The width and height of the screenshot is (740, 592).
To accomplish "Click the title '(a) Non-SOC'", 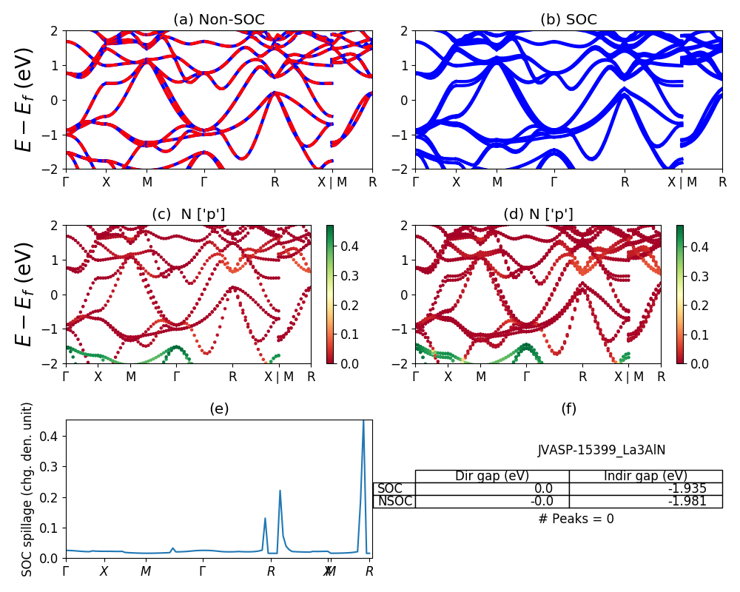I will tap(218, 20).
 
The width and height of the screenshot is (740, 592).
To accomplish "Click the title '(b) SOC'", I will tap(568, 20).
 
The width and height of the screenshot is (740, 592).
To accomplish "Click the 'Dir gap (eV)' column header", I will tap(492, 476).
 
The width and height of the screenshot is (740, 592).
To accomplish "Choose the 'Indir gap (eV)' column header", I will tap(645, 476).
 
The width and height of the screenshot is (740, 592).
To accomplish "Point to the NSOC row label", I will tap(394, 501).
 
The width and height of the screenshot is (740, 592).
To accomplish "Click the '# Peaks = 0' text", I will tap(576, 519).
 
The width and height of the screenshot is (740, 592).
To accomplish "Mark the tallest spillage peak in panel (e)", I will tap(363, 422).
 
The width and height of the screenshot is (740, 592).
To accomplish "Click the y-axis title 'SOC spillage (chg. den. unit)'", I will tap(27, 489).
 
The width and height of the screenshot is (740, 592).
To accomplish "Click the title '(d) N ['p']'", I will tap(538, 215).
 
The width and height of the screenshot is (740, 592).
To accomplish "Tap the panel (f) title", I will tap(568, 408).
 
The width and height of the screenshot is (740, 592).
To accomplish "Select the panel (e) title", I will tap(218, 408).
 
